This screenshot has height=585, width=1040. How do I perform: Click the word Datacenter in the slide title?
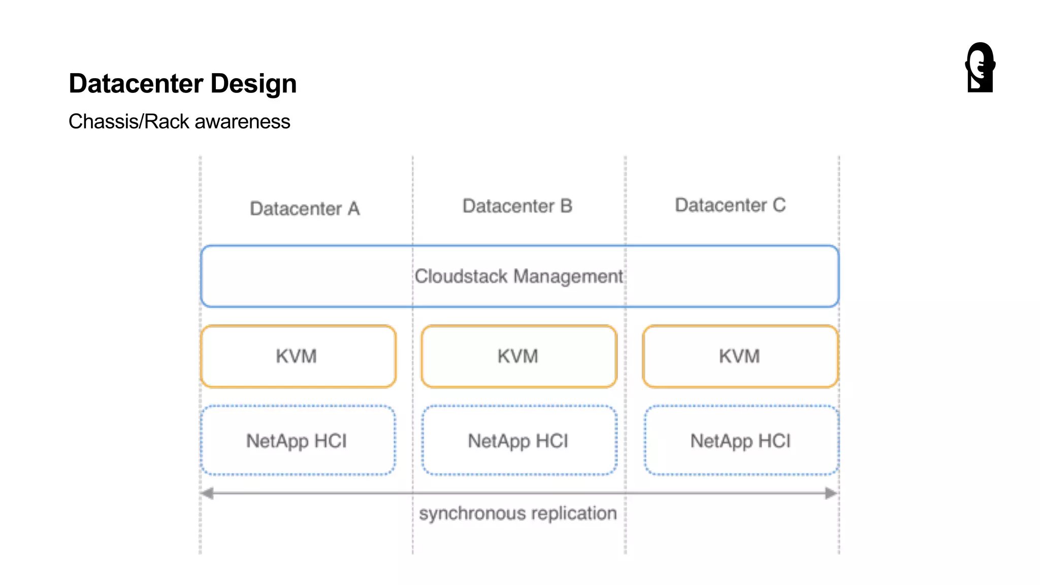(x=136, y=84)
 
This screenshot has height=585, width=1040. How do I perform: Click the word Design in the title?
(x=253, y=84)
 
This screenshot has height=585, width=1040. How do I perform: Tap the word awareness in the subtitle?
(x=242, y=122)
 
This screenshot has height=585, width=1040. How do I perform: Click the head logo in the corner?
(x=980, y=67)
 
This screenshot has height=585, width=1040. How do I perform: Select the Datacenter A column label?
(x=305, y=209)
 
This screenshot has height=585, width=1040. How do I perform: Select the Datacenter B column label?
(x=517, y=206)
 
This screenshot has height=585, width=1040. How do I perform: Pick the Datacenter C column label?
(x=730, y=205)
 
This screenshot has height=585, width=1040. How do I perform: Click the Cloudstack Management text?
(x=518, y=276)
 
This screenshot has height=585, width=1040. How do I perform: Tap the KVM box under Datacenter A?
(x=298, y=356)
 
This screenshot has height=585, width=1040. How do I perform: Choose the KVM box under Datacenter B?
(x=518, y=356)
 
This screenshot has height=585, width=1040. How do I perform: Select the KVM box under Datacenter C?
(x=740, y=356)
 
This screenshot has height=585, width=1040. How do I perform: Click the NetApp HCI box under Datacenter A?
(x=298, y=441)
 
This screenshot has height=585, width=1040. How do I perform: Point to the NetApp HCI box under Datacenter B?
(x=518, y=441)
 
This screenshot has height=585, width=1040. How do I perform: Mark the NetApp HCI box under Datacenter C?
(x=741, y=441)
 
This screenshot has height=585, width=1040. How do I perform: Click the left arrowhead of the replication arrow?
(x=207, y=493)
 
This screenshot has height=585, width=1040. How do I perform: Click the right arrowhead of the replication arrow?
(x=831, y=493)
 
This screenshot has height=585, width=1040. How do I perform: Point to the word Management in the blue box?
(x=568, y=276)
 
